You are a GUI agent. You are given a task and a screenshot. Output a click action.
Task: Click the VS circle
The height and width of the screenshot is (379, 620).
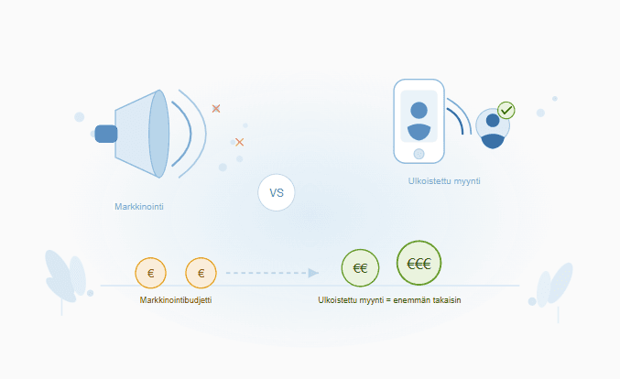pos(277,193)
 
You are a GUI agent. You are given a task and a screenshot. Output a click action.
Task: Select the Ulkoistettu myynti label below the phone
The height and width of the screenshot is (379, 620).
pos(444,181)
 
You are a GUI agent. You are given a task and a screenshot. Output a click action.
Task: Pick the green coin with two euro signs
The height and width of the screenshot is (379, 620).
pos(360,268)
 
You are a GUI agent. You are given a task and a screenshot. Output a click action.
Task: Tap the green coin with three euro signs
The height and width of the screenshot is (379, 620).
pos(419,263)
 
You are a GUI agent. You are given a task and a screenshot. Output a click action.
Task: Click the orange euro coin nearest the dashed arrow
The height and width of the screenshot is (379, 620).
pos(201,272)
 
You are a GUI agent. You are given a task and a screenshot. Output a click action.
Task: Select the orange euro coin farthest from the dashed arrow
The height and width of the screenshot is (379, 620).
pos(150,272)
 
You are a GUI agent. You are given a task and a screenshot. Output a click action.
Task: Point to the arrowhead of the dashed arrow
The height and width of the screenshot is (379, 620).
pos(313,273)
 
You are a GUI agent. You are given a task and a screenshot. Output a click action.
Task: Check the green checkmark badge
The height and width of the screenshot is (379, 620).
pos(506,111)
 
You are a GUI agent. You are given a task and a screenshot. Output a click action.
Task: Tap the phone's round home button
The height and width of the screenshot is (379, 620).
pos(419,153)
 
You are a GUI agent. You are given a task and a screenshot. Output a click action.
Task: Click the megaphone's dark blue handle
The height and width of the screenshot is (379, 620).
pos(105,134)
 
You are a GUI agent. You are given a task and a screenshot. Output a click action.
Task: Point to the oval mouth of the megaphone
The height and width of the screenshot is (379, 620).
pos(158,134)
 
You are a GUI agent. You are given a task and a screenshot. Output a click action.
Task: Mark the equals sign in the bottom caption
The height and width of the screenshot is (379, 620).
pos(388,300)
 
